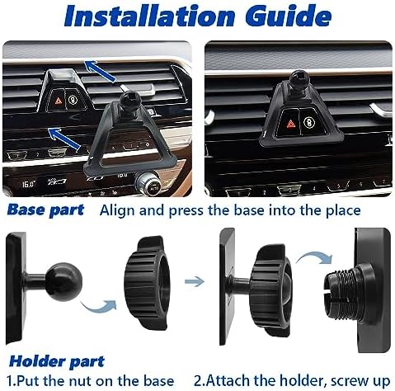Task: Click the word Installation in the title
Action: (149, 16)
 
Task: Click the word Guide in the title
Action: (288, 16)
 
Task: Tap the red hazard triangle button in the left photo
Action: (59, 101)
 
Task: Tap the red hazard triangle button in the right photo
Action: (291, 124)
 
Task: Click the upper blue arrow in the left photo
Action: (100, 71)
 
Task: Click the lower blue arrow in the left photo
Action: (64, 139)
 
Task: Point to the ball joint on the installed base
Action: (299, 79)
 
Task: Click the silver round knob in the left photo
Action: (148, 183)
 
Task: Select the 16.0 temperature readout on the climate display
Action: (29, 183)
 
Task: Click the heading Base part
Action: (45, 210)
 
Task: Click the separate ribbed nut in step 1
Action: (146, 283)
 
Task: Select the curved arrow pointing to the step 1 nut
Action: (99, 306)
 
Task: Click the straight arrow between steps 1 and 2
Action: (195, 281)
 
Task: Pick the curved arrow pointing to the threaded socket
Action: (315, 258)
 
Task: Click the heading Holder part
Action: (57, 361)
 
